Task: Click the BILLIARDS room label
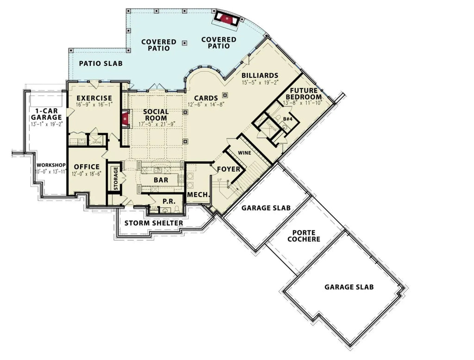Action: [x=260, y=75]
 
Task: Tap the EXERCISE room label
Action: [x=94, y=98]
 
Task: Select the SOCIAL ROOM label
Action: [x=155, y=115]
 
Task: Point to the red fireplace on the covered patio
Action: [x=225, y=19]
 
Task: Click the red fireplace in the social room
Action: [x=124, y=119]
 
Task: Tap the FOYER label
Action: [x=229, y=169]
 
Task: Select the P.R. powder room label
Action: [x=168, y=201]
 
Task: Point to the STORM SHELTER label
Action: [x=154, y=223]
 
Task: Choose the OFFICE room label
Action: [x=87, y=167]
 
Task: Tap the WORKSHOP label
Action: [x=51, y=165]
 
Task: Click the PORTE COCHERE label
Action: [x=303, y=236]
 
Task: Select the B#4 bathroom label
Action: [x=287, y=119]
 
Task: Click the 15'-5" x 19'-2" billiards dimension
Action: [x=260, y=83]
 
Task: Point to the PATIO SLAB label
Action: [x=100, y=63]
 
